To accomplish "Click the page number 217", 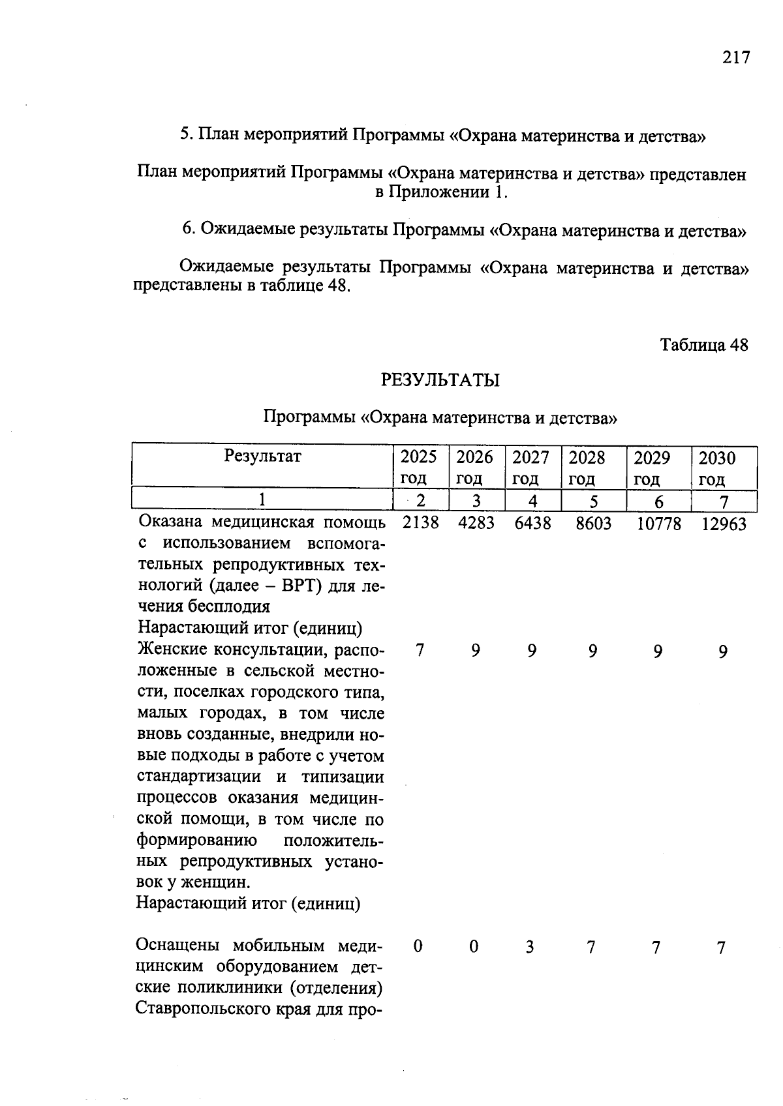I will [x=736, y=57].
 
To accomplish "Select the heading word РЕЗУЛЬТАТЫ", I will [x=440, y=380].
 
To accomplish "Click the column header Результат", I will [x=262, y=456].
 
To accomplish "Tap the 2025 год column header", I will [x=418, y=467].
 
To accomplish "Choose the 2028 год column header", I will [x=587, y=468].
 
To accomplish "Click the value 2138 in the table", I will [x=421, y=523].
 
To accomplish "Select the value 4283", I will [x=476, y=523].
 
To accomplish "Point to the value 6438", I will [x=532, y=523].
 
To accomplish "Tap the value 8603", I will [x=593, y=524].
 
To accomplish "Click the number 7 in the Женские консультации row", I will [x=420, y=651].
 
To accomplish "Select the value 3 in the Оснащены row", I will [x=530, y=947].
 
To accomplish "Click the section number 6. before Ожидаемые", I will [x=189, y=230].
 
